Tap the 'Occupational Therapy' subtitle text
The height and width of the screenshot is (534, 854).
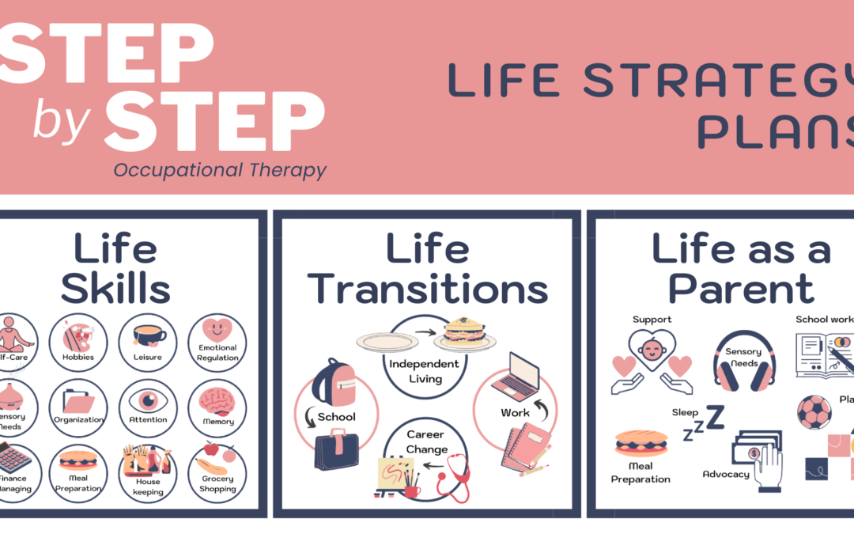[219, 169]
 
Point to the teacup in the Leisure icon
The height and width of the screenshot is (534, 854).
[149, 335]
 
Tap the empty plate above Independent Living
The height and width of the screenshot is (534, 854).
[387, 341]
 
